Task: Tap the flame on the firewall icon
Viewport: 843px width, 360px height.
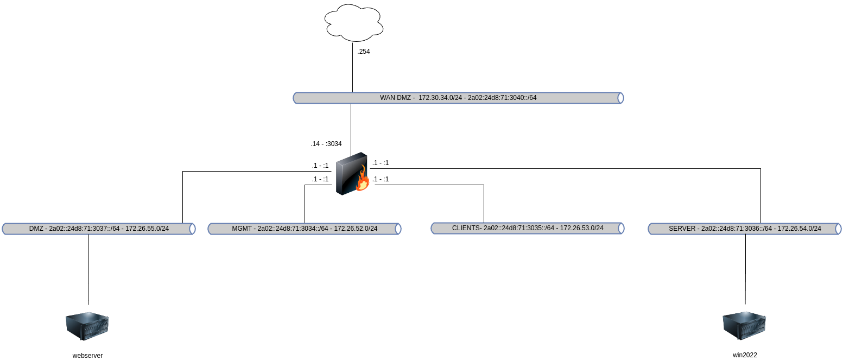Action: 363,180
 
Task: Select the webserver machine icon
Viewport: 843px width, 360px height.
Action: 87,325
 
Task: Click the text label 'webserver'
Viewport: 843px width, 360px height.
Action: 87,356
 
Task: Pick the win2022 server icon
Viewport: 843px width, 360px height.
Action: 744,325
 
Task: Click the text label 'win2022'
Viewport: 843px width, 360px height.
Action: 745,355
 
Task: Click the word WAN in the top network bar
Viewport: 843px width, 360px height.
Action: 388,98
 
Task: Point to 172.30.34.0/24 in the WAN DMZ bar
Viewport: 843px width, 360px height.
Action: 440,98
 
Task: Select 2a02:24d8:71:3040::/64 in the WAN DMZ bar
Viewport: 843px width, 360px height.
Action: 502,98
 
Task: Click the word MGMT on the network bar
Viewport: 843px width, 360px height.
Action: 242,229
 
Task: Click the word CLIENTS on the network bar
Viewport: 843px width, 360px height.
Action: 466,228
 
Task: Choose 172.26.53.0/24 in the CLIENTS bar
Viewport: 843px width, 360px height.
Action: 581,228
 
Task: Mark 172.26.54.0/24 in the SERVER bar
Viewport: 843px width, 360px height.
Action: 799,229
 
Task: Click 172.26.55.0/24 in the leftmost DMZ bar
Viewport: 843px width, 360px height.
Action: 147,229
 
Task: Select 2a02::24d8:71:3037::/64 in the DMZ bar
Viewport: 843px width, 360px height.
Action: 84,229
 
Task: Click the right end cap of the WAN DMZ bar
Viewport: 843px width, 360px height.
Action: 621,98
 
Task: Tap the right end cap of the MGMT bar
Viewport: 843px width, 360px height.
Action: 398,229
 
